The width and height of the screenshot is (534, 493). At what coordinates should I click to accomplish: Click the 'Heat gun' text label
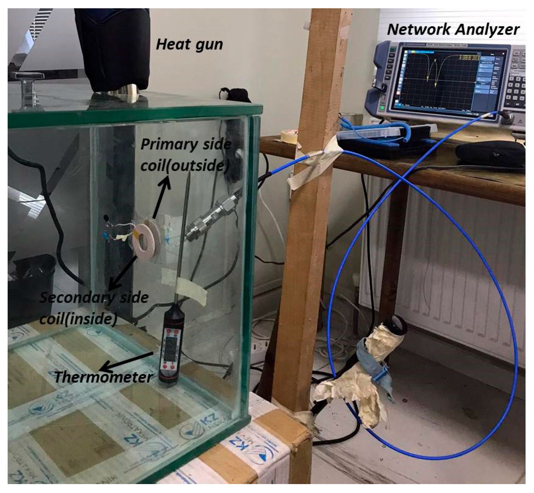click(x=189, y=44)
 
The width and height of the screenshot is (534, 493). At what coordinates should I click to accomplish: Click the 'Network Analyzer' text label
click(x=453, y=29)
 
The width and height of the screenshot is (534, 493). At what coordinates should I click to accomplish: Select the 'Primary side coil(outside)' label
click(x=186, y=155)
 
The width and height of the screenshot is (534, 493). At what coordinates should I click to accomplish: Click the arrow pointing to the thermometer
click(x=127, y=361)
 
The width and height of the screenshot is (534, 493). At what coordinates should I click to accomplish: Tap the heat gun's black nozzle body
click(x=113, y=48)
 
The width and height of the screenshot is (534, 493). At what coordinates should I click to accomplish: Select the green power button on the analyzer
click(x=382, y=108)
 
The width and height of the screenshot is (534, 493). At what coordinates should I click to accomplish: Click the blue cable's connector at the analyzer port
click(x=500, y=114)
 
